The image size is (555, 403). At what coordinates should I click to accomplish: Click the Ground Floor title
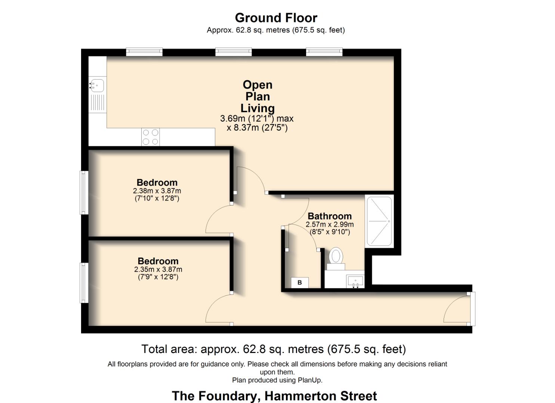[276, 18]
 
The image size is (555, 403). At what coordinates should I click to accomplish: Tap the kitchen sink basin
[97, 85]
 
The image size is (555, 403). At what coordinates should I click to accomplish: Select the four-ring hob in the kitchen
[150, 137]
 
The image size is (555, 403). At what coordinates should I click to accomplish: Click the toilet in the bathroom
[336, 257]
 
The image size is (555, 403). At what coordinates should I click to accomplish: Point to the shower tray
[379, 221]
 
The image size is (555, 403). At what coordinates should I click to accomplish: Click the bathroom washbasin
[355, 280]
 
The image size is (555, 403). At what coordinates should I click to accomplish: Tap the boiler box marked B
[299, 282]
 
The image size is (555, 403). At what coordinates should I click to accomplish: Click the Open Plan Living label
[258, 96]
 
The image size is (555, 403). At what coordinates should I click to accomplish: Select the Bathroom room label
[329, 216]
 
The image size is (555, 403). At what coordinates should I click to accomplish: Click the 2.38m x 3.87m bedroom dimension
[157, 191]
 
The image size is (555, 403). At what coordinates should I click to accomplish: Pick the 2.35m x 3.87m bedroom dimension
[158, 269]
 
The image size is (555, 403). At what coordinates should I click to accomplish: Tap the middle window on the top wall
[234, 52]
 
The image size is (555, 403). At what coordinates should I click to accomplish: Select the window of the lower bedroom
[84, 282]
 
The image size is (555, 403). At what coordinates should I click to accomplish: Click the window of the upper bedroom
[84, 193]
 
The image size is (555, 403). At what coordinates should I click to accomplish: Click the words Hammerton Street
[321, 396]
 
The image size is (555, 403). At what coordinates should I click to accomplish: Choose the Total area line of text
[273, 349]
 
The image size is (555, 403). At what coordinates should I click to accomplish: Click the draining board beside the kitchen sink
[97, 102]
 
